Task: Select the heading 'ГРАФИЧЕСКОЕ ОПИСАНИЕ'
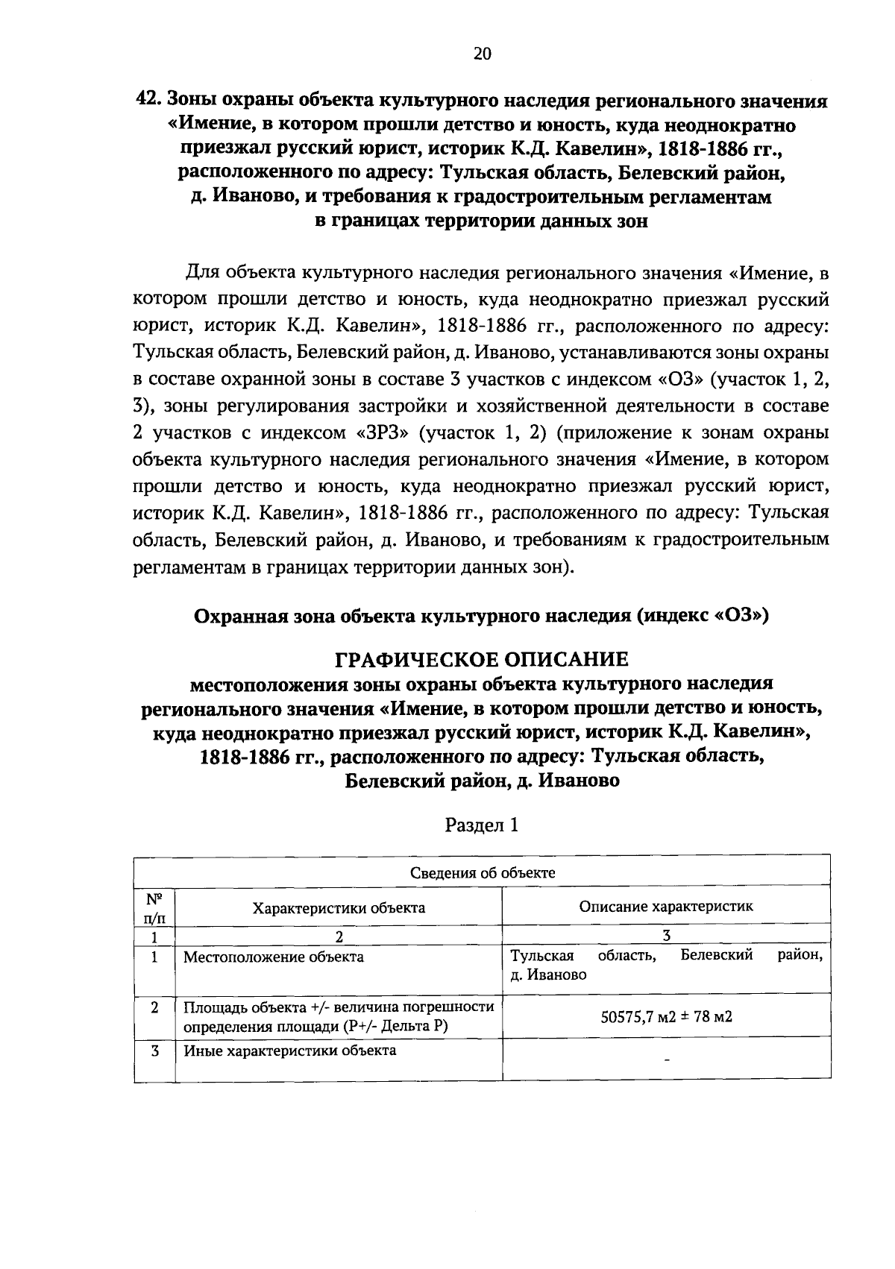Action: [482, 659]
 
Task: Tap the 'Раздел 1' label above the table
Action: [481, 825]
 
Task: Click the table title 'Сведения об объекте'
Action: [482, 873]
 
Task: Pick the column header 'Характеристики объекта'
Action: [339, 907]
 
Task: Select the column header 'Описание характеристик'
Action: [666, 907]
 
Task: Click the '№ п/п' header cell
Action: [154, 907]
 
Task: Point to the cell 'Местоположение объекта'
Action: [274, 957]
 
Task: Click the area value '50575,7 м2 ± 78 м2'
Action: [666, 1015]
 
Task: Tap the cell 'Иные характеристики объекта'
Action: [289, 1051]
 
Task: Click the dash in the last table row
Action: [666, 1059]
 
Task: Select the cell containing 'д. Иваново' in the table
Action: [666, 966]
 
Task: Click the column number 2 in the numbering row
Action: [339, 936]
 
